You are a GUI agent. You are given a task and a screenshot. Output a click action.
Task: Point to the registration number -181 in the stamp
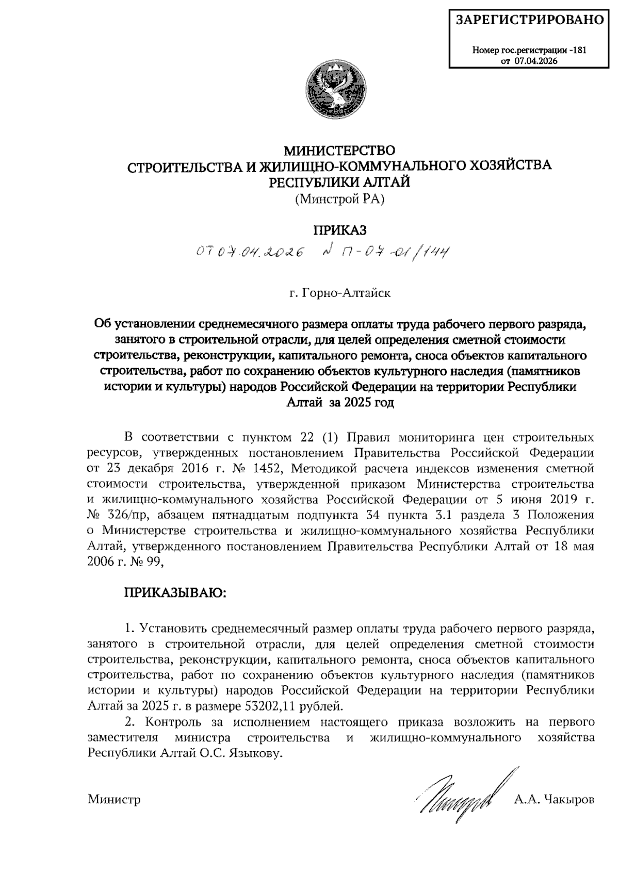[x=578, y=51]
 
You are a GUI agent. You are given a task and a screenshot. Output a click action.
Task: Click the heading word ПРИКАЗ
[x=340, y=229]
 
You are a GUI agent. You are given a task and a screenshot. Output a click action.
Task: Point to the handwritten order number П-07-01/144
[x=392, y=252]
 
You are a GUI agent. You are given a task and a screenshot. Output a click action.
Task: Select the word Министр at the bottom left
[x=114, y=800]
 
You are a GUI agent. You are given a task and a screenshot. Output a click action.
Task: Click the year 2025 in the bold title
[x=353, y=402]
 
